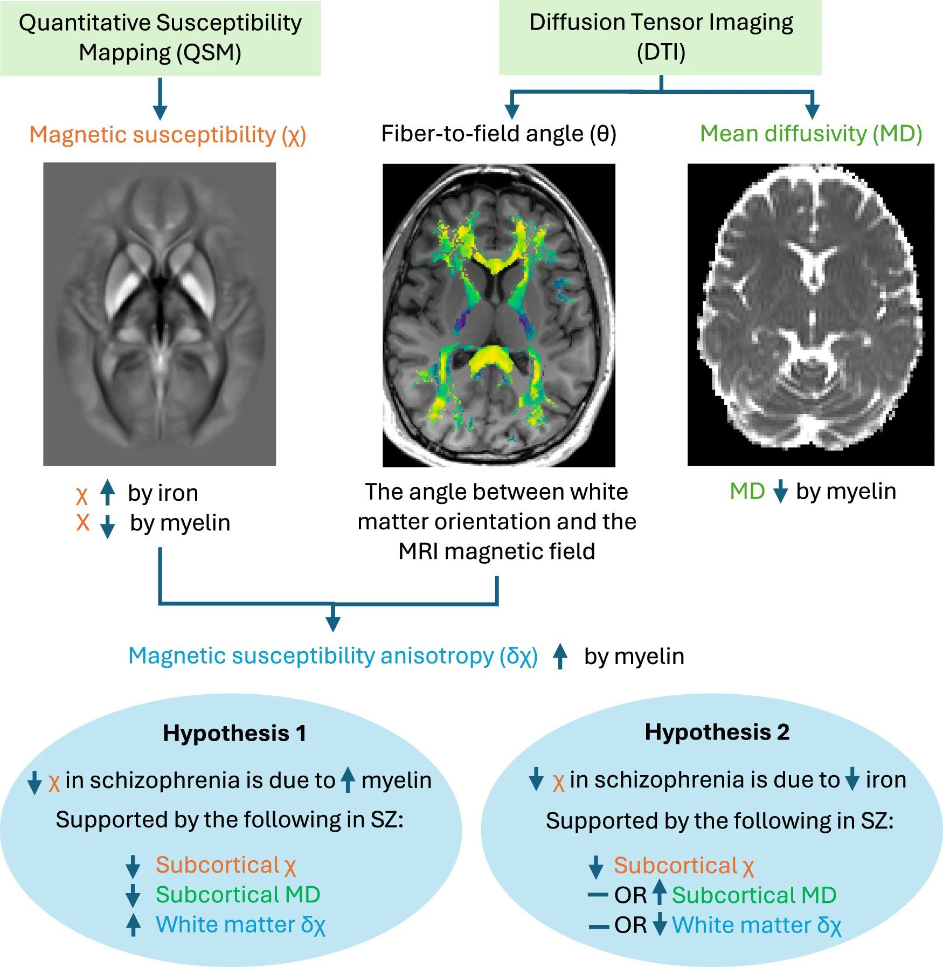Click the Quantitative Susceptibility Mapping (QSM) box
point(160,38)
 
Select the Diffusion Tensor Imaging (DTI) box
point(660,37)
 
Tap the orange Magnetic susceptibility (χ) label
point(168,135)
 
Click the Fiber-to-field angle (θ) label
point(498,134)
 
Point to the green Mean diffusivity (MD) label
point(811,134)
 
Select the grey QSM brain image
point(160,314)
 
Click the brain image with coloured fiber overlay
point(498,315)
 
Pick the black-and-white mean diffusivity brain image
point(810,314)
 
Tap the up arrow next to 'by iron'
point(108,492)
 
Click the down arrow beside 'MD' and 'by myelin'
point(780,492)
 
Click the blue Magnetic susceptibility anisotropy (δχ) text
point(333,656)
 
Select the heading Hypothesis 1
point(234,733)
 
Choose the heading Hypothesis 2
point(717,732)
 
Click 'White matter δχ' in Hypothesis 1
point(240,925)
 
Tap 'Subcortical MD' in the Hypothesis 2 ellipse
point(754,895)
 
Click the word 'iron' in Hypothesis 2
point(886,780)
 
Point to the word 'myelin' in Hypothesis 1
point(397,780)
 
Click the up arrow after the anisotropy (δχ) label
point(560,656)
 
